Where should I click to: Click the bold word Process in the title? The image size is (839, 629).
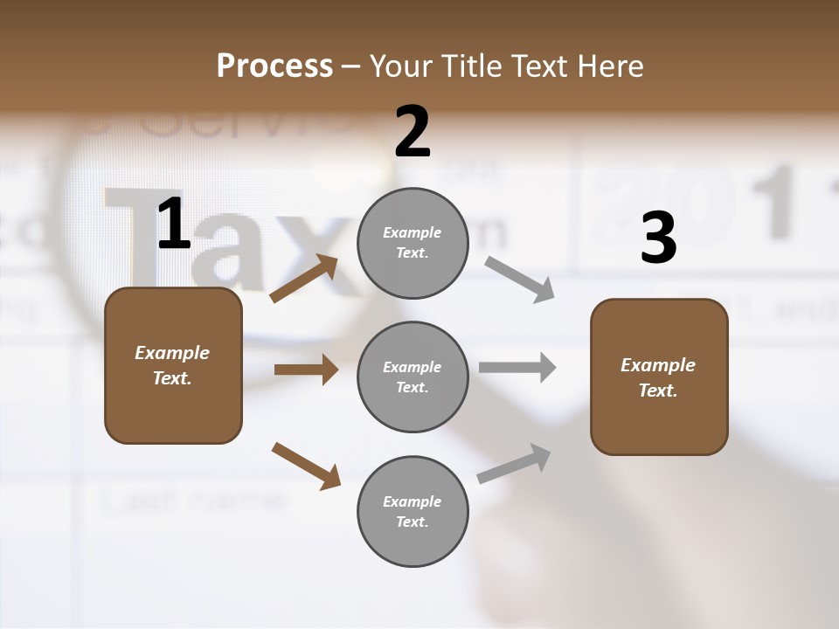click(x=274, y=66)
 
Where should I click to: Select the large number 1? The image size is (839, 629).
click(x=174, y=225)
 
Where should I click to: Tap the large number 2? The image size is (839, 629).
click(x=413, y=132)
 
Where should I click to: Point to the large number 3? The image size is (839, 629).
click(x=658, y=239)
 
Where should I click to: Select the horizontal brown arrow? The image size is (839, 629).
click(x=306, y=370)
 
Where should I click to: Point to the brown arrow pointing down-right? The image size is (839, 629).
click(x=306, y=466)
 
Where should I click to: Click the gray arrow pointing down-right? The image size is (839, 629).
click(x=519, y=280)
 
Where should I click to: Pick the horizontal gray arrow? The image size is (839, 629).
click(x=517, y=368)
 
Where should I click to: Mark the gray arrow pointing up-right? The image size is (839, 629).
click(x=514, y=463)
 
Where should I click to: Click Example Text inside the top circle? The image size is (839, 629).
click(x=413, y=243)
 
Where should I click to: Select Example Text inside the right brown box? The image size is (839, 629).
click(x=658, y=377)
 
